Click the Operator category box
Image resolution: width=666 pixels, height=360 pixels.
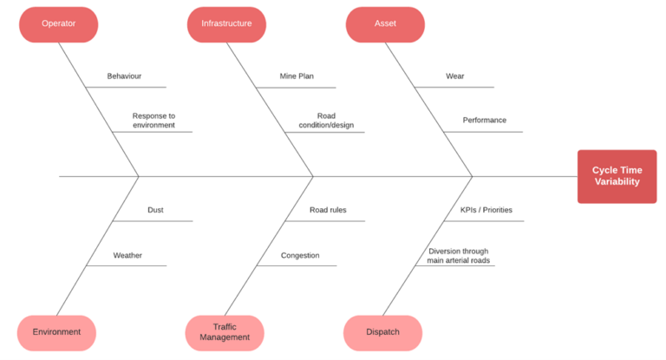pos(58,24)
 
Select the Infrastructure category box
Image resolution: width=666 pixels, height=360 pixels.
pos(226,24)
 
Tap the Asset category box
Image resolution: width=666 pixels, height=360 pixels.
pos(385,24)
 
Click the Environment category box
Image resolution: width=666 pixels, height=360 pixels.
pos(56,332)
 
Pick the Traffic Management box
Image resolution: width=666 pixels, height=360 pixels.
pos(225,332)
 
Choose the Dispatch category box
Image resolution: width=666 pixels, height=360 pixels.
pos(382,332)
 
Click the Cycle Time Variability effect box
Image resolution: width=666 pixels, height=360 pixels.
pos(617,176)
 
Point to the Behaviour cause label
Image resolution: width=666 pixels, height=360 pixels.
pos(124,76)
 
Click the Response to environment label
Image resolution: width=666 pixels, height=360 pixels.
pos(153,121)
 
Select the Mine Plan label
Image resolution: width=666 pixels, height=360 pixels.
pos(297,76)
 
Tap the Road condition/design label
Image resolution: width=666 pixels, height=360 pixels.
pos(326,121)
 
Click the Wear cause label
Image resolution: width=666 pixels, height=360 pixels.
pos(454,76)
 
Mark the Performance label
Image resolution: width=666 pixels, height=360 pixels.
pos(484,121)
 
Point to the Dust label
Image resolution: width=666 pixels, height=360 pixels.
pos(155,210)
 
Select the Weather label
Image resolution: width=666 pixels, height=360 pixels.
pos(127,256)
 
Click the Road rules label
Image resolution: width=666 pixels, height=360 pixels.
pos(328,210)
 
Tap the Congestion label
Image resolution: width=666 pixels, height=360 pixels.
pos(300,256)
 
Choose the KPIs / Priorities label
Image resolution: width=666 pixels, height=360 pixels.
pos(486,210)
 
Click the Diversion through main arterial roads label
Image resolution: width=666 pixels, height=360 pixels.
pos(458,256)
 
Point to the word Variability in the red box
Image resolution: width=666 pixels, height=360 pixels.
pos(617,182)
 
